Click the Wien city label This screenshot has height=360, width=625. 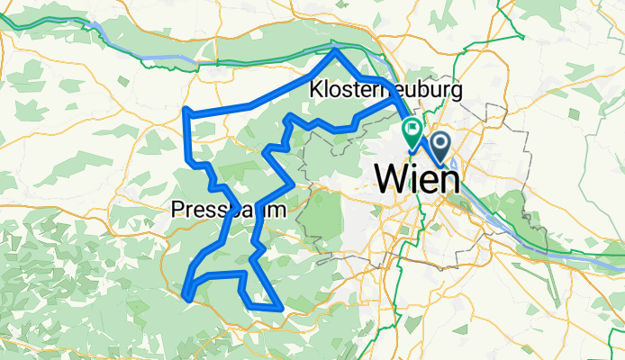pos(415,178)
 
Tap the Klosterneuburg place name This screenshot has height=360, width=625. pos(385,91)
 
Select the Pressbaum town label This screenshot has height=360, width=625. pos(229,211)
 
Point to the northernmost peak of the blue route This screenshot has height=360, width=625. pos(337,50)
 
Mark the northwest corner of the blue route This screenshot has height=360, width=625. pos(185,111)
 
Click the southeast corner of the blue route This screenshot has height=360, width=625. pos(282,309)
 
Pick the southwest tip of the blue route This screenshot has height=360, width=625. pos(186,292)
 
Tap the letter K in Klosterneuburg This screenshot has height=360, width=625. pos(315,91)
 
